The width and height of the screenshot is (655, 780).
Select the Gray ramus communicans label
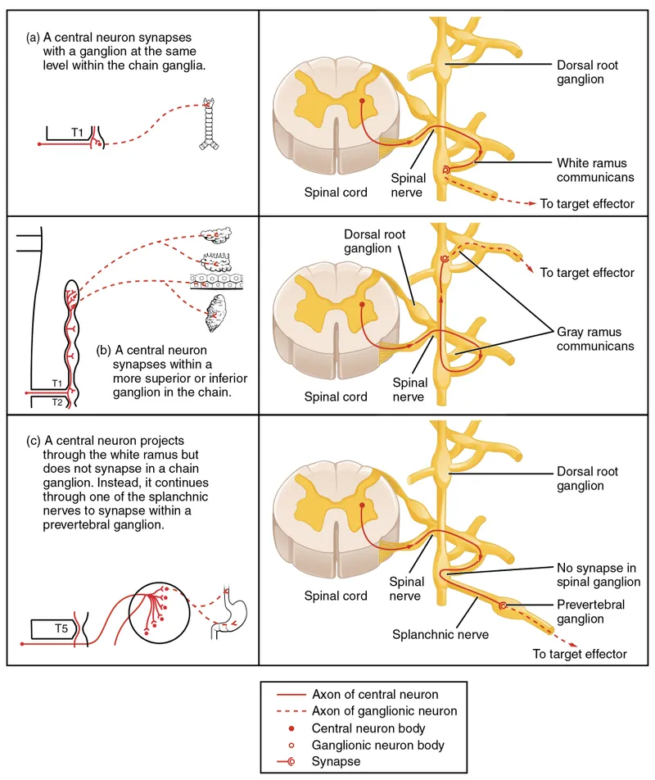pos(595,339)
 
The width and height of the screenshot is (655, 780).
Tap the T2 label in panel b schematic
pos(55,403)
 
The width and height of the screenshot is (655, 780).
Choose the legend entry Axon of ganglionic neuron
pos(385,711)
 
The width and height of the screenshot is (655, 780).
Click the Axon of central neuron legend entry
pos(375,695)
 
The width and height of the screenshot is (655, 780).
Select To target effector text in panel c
pos(580,654)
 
